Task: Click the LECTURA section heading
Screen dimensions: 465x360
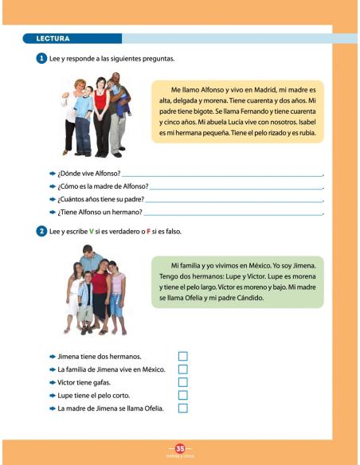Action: pos(53,38)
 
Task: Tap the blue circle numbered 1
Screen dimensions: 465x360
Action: pos(41,59)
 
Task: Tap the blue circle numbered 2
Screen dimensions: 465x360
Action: pos(41,231)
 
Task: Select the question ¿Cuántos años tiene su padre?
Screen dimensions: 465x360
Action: pos(101,199)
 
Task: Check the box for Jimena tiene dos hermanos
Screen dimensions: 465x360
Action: pos(182,356)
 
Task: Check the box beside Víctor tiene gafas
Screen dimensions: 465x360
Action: pos(182,382)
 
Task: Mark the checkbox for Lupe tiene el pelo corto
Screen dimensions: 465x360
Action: pos(182,395)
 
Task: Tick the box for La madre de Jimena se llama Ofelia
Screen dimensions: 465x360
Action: pos(182,408)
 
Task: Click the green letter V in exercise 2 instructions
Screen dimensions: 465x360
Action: pos(92,231)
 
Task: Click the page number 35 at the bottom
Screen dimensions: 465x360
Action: pos(180,448)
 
